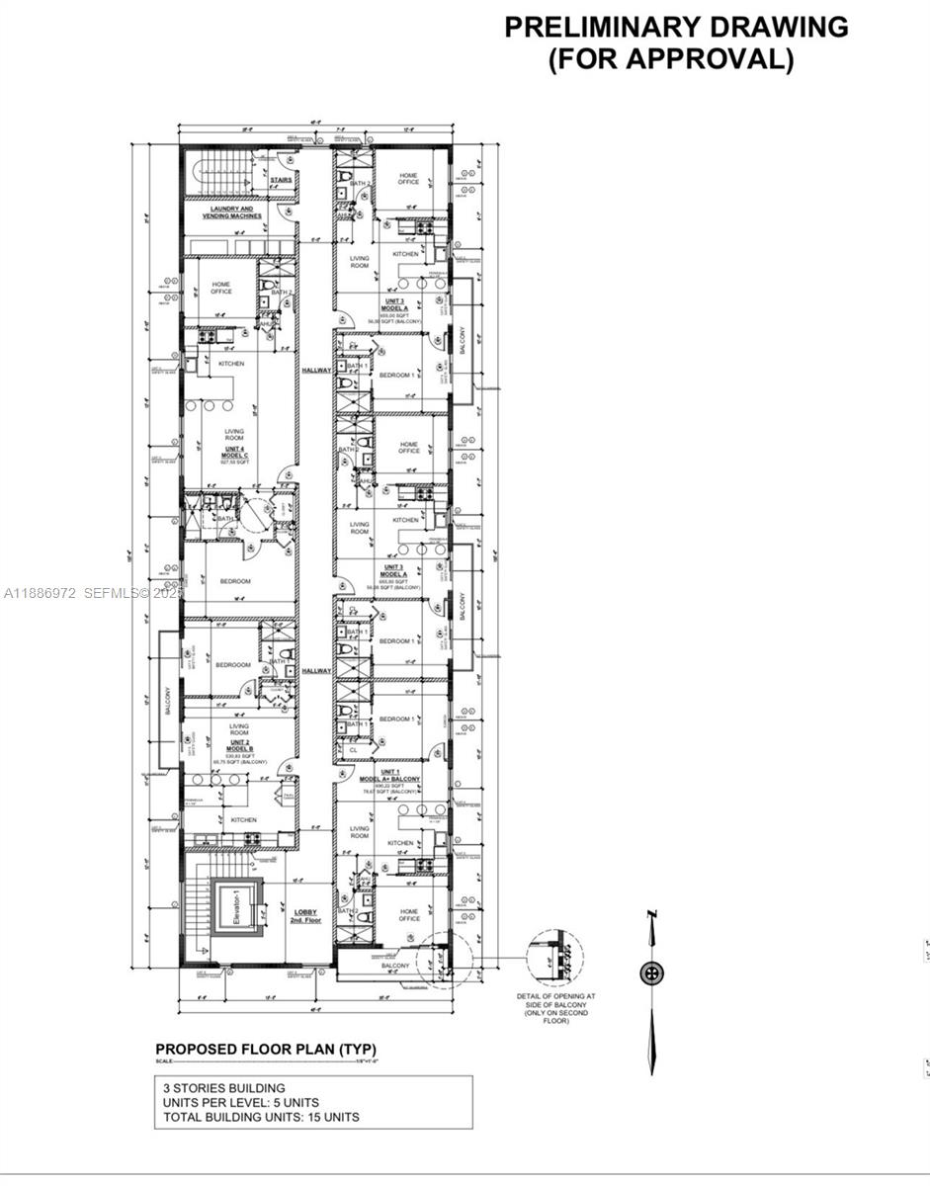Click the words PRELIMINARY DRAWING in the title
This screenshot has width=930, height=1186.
676,27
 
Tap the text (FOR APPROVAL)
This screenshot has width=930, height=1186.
671,59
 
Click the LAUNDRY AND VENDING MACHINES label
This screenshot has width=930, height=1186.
233,212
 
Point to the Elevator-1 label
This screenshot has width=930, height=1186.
237,907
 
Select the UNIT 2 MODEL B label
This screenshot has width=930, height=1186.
239,744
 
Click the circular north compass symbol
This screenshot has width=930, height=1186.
651,973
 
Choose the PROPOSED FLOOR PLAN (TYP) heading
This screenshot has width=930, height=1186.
266,1049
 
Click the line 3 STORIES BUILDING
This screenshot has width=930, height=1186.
224,1087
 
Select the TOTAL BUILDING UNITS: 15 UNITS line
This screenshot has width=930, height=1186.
261,1117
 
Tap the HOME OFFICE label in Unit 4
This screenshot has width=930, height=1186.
221,288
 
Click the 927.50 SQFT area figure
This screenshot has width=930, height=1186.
235,463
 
